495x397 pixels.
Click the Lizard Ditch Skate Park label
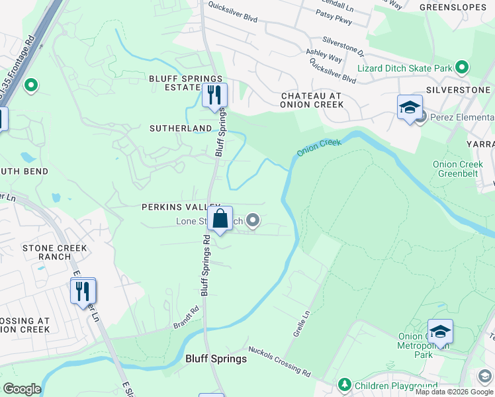click(404, 68)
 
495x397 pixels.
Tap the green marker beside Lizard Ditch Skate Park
click(462, 67)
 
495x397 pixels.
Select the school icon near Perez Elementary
click(410, 108)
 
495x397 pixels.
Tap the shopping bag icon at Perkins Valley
click(220, 218)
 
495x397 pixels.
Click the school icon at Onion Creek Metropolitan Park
click(440, 331)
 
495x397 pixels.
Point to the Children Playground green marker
click(343, 384)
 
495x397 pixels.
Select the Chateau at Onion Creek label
click(311, 100)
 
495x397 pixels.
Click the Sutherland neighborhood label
click(181, 128)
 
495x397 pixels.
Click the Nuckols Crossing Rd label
click(279, 361)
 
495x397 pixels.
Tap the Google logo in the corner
click(21, 389)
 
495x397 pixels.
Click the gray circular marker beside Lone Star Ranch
click(252, 222)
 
